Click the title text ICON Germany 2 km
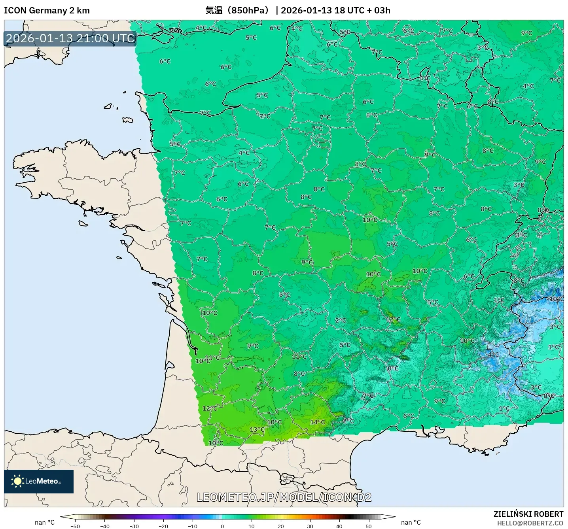coord(47,10)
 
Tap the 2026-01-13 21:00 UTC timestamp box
coord(70,38)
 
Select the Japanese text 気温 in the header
coord(214,10)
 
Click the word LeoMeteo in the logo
coord(42,481)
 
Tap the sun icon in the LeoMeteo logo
coord(17,481)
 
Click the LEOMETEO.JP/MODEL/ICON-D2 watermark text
coord(284,497)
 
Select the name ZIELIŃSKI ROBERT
coord(528,514)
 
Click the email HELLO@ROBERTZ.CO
coord(530,523)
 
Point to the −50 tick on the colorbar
coord(75,526)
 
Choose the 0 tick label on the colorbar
coord(222,526)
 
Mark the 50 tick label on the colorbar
coord(369,526)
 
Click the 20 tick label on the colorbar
coord(280,526)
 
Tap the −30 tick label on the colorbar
coord(134,526)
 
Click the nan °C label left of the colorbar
coord(45,522)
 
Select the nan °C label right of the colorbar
coord(411,522)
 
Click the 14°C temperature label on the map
coord(317,422)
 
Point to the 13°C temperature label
coord(257,429)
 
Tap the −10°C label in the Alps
coord(556,299)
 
